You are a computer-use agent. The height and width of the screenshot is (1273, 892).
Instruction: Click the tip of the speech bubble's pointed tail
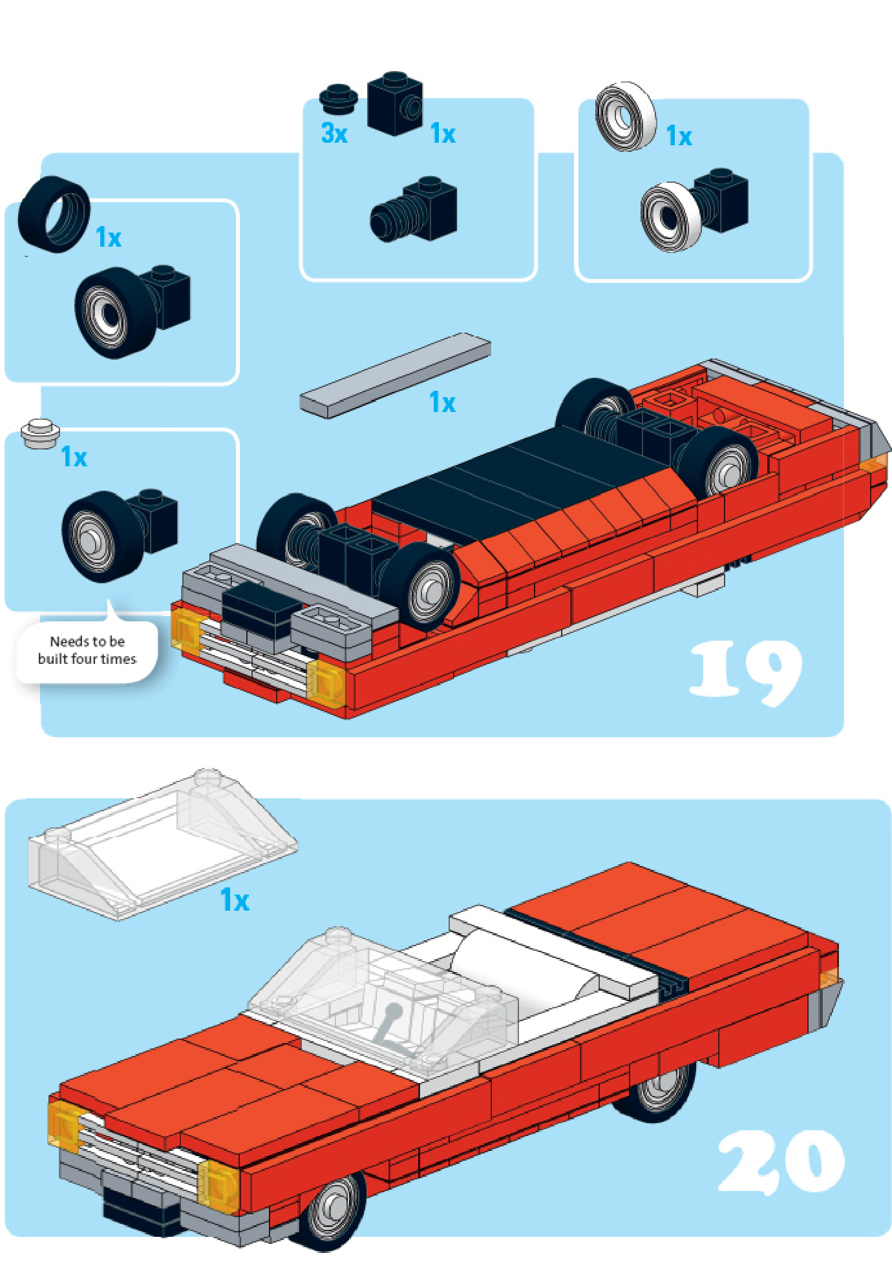108,599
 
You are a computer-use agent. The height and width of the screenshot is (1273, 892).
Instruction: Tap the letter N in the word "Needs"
54,641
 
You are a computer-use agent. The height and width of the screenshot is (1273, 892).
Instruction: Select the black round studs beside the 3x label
339,98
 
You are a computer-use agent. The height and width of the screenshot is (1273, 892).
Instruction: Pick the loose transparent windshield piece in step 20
162,844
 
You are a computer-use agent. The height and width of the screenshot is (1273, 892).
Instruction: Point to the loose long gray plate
395,375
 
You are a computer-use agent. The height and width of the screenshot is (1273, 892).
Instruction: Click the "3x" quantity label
334,133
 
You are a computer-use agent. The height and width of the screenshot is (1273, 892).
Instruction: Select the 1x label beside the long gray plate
443,402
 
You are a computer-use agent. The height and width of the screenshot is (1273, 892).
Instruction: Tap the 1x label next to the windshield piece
235,900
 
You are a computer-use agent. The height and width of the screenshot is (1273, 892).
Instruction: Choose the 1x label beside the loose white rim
679,136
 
